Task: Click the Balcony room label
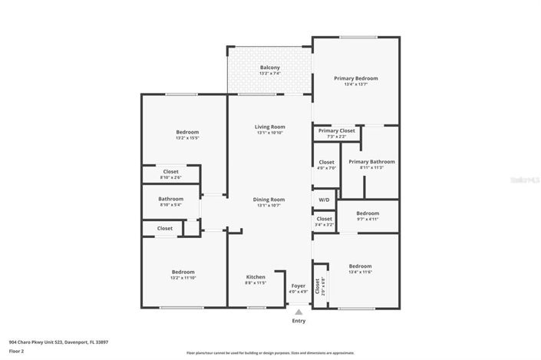[269, 68]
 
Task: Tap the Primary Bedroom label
[355, 78]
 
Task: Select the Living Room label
[269, 127]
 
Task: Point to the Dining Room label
[269, 200]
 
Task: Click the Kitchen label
[256, 276]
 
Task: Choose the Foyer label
[298, 286]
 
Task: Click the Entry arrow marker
[299, 312]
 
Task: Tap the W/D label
[324, 200]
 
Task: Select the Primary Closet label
[337, 130]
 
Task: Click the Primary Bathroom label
[371, 162]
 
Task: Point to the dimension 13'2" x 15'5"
[187, 138]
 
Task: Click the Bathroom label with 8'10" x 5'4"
[170, 199]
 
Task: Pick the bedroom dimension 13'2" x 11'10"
[183, 278]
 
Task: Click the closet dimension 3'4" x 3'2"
[324, 225]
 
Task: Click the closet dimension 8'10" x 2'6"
[170, 177]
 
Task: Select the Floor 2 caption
[17, 351]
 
